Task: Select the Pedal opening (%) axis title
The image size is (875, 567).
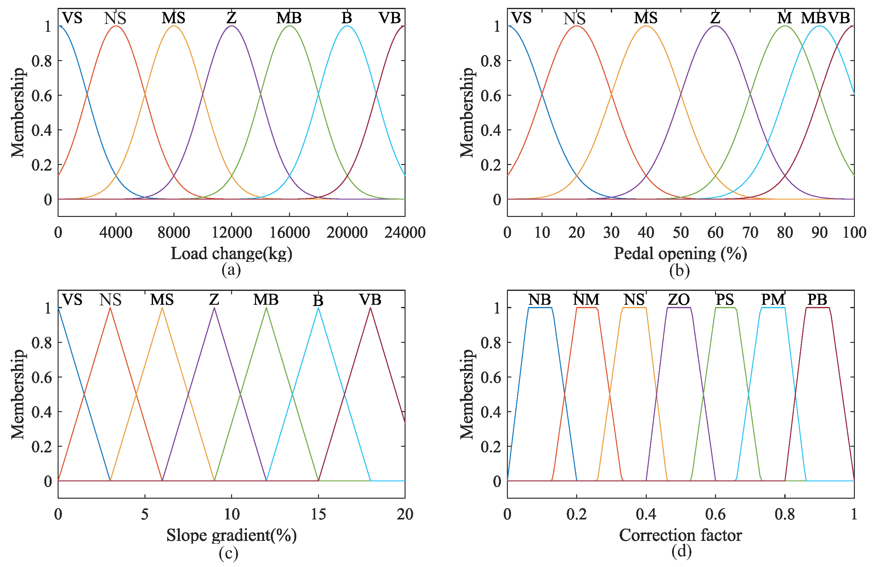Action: (680, 254)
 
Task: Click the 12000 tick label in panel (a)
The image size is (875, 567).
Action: (232, 232)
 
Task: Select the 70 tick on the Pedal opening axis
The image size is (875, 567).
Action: (750, 232)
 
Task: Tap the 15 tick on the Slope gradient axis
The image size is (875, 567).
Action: (318, 514)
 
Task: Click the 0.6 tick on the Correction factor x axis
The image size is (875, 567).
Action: (715, 514)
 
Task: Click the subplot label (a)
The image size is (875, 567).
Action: (231, 270)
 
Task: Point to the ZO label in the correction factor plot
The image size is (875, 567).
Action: (679, 300)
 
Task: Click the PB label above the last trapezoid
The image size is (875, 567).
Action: (817, 300)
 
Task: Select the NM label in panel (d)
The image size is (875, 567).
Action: (586, 300)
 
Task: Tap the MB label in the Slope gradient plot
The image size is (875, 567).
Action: (266, 300)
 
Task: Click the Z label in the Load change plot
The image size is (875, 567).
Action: (231, 18)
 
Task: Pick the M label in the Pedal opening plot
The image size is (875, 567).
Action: (784, 18)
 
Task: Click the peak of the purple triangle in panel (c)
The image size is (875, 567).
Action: (214, 308)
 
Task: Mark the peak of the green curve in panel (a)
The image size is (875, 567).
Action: (290, 26)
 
